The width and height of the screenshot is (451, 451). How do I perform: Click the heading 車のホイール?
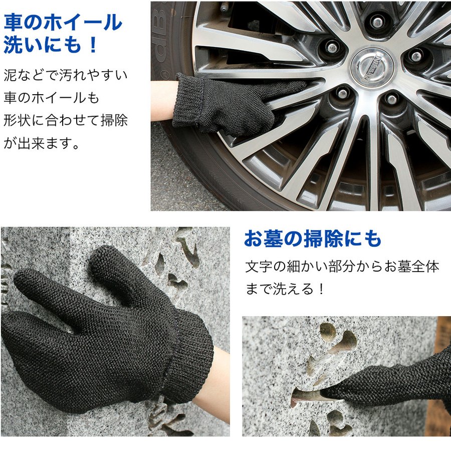(x=63, y=23)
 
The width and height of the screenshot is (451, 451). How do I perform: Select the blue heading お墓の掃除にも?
(x=313, y=239)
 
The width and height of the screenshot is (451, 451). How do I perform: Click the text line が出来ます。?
(x=42, y=144)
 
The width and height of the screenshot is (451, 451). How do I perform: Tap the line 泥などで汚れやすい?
(x=66, y=76)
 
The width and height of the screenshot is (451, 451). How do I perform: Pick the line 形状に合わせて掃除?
(x=66, y=121)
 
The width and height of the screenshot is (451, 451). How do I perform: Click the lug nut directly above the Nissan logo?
(x=377, y=22)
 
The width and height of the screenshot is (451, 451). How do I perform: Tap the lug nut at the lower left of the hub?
(x=342, y=94)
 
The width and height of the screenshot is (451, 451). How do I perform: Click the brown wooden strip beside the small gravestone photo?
(x=443, y=376)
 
